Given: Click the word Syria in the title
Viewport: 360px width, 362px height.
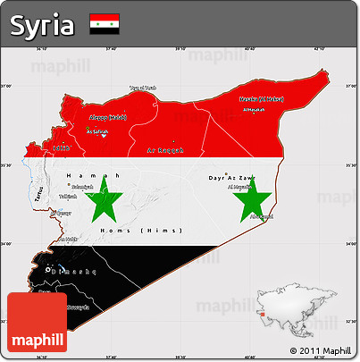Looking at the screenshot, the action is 42,25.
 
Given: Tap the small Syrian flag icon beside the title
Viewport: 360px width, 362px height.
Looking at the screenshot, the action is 105,24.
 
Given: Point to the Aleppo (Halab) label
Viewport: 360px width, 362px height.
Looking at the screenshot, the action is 107,118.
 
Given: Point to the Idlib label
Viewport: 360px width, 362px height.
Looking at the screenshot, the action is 60,148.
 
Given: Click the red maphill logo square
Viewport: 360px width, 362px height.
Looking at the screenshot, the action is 37,322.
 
